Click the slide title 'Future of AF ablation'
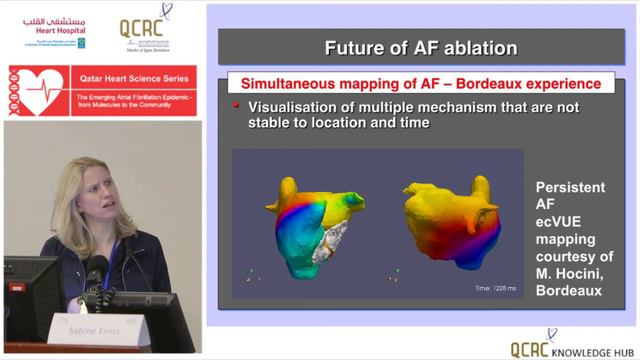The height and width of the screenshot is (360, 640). [420, 47]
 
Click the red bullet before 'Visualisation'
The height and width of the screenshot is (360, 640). [237, 105]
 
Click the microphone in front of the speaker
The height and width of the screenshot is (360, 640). [96, 270]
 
